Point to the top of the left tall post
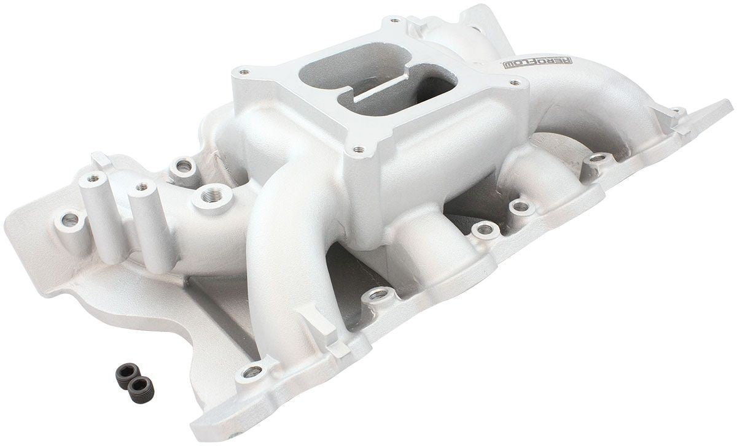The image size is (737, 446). pos(93,178)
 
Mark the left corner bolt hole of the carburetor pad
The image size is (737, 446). pos(245,72)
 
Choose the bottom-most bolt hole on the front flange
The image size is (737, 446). pos(252,371)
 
